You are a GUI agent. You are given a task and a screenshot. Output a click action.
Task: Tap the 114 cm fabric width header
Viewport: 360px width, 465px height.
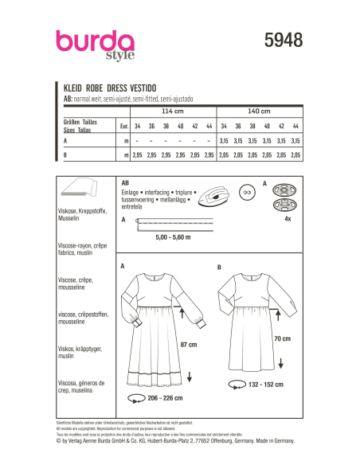(170, 111)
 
